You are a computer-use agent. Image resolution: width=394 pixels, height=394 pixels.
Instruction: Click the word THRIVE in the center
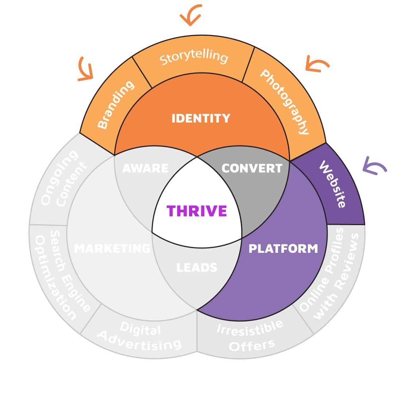197,211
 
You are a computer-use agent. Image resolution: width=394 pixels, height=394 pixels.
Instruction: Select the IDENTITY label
201,118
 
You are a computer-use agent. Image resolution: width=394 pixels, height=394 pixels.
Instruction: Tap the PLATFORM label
283,249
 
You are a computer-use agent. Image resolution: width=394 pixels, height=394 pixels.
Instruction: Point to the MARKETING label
112,249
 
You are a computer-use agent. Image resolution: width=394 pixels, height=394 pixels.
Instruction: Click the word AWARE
145,168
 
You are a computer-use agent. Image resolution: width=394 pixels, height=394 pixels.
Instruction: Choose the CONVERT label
252,168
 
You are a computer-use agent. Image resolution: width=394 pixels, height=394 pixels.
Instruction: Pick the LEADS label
197,267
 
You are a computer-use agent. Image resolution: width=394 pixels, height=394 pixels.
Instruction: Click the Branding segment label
116,105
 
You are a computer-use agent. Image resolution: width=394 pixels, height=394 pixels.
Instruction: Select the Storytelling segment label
194,58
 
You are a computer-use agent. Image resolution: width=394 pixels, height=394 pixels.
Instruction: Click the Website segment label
332,184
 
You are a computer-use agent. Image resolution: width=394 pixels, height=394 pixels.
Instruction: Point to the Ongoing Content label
65,179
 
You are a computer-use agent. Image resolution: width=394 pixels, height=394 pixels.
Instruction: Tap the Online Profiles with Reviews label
330,274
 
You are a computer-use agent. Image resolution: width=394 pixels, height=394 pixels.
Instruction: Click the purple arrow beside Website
374,166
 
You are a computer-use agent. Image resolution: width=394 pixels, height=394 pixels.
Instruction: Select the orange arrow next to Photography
317,64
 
